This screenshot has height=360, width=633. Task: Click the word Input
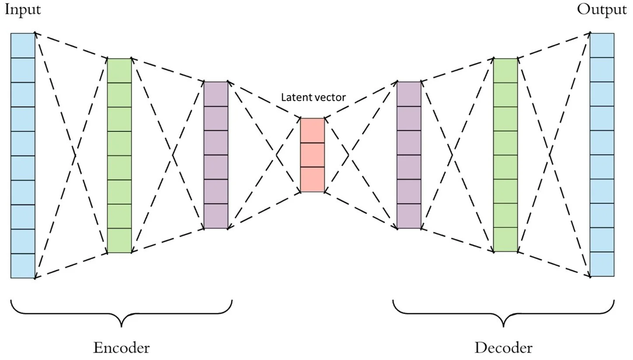(23, 10)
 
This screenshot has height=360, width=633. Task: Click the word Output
(602, 10)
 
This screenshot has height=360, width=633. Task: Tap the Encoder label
(121, 348)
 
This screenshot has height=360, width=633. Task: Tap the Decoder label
(503, 348)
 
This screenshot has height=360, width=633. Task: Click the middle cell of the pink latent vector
(312, 155)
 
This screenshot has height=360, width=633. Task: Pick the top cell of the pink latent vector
(312, 130)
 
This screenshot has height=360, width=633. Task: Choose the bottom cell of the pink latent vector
(312, 180)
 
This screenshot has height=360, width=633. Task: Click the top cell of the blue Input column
(23, 45)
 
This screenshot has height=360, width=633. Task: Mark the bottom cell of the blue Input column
(23, 266)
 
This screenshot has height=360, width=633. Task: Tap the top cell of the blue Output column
(602, 45)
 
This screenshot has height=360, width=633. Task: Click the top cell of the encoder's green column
(119, 70)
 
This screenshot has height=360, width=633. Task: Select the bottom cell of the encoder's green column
(119, 241)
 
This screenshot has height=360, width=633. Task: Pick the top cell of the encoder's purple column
(216, 94)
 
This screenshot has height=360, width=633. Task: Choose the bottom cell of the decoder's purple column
(409, 216)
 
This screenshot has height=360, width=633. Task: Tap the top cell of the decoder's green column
(505, 70)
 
